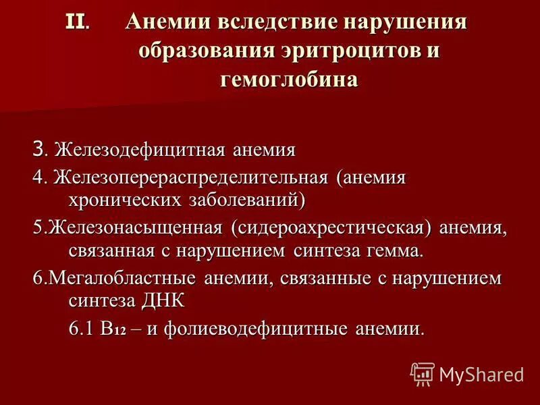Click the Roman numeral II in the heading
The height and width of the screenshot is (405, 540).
[75, 22]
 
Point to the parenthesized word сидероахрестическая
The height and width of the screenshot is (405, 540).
[331, 228]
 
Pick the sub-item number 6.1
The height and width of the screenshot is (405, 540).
[82, 329]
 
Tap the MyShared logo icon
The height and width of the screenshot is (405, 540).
[423, 373]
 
